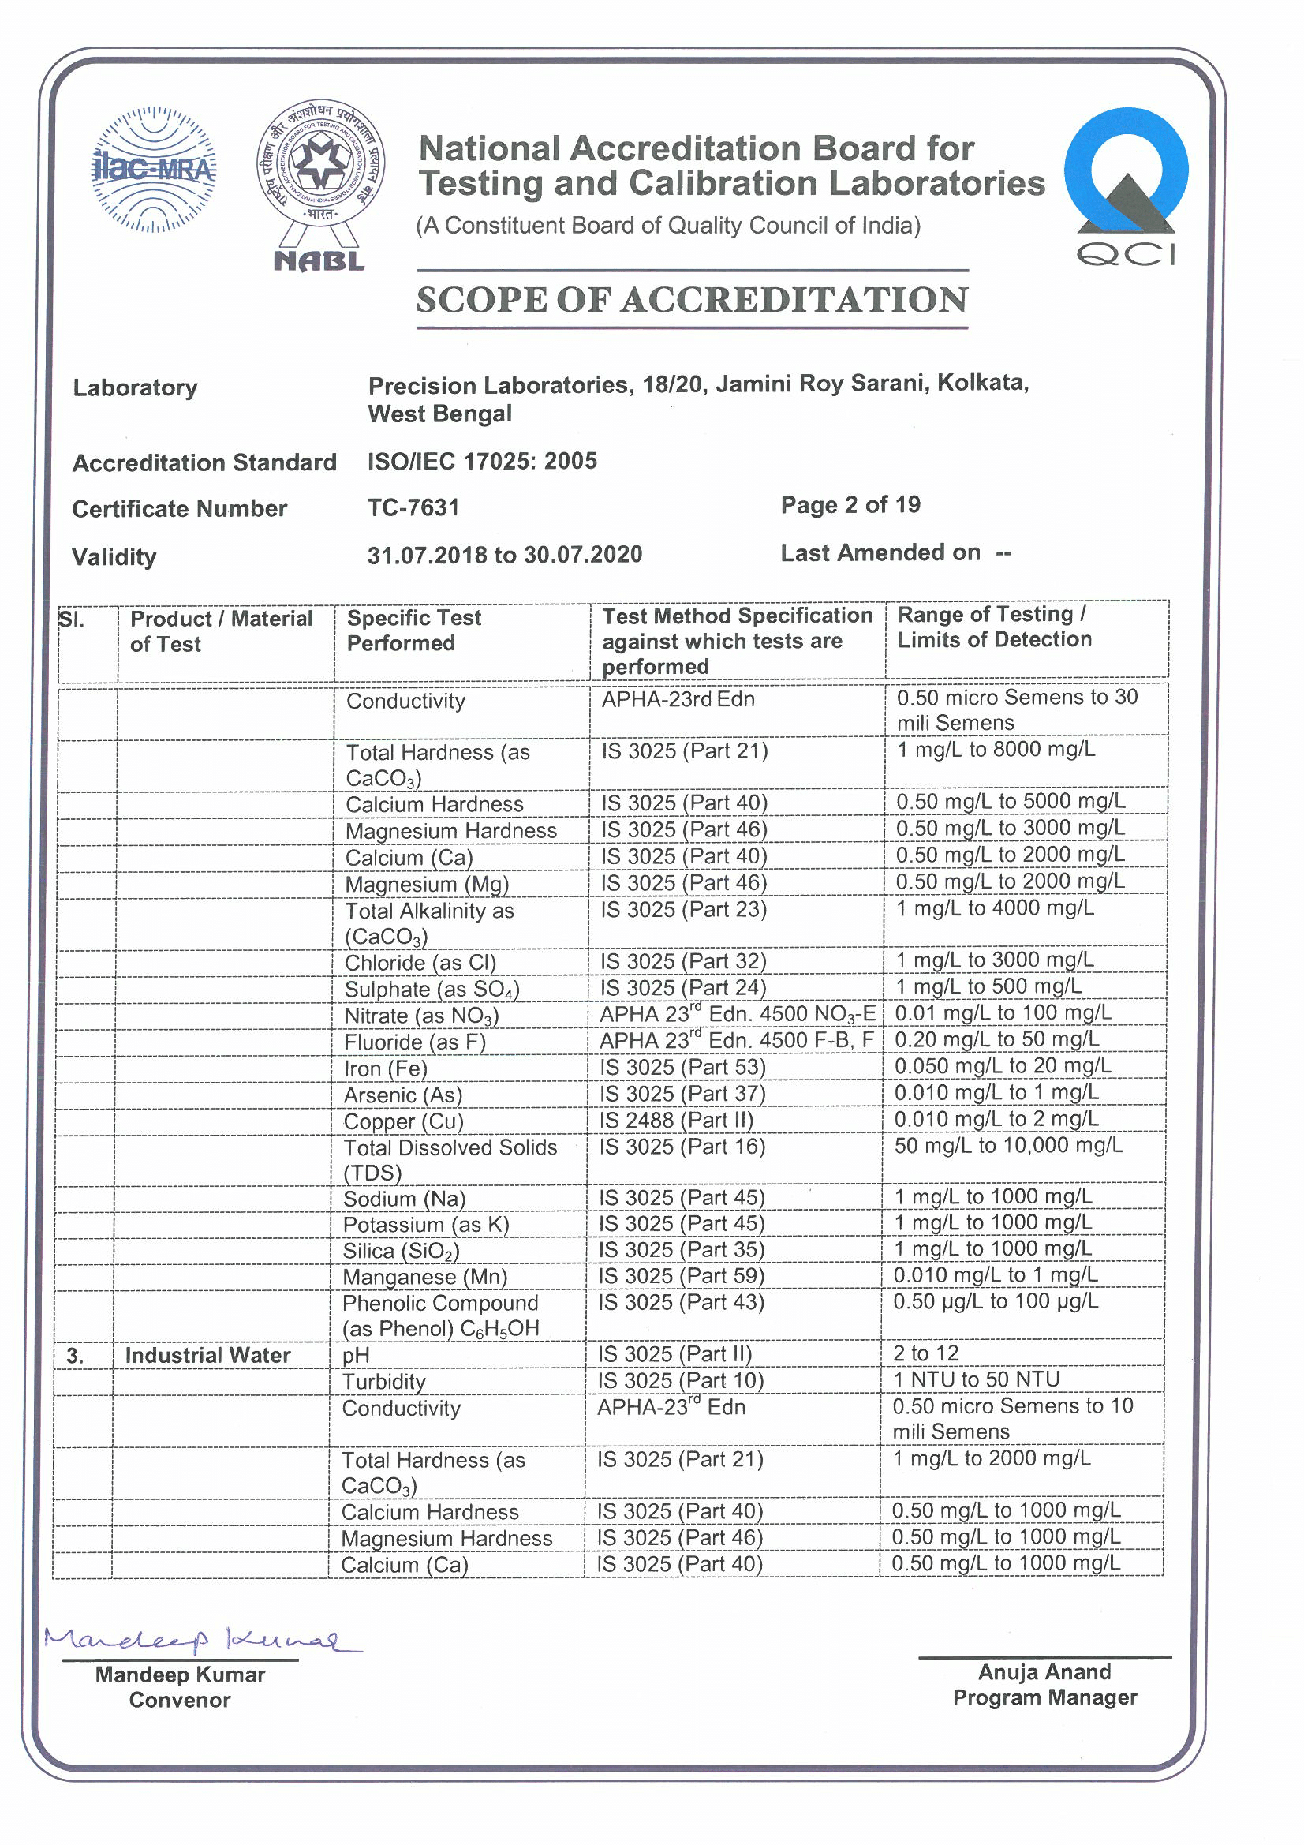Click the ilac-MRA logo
(154, 170)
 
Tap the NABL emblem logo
(320, 183)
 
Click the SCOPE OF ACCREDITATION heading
(692, 300)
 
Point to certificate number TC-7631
(413, 508)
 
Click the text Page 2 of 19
(850, 504)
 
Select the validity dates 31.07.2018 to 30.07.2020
(505, 555)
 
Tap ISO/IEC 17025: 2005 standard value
(482, 461)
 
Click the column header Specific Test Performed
(414, 631)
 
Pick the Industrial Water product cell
(207, 1356)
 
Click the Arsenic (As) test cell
(403, 1095)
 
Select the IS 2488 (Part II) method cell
(676, 1121)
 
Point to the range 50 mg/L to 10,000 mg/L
(1008, 1146)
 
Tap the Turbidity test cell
(384, 1382)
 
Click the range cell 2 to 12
(925, 1354)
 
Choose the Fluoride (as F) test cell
(416, 1042)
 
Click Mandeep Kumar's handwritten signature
(201, 1639)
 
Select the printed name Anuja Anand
(1044, 1672)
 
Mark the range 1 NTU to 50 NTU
(976, 1379)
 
